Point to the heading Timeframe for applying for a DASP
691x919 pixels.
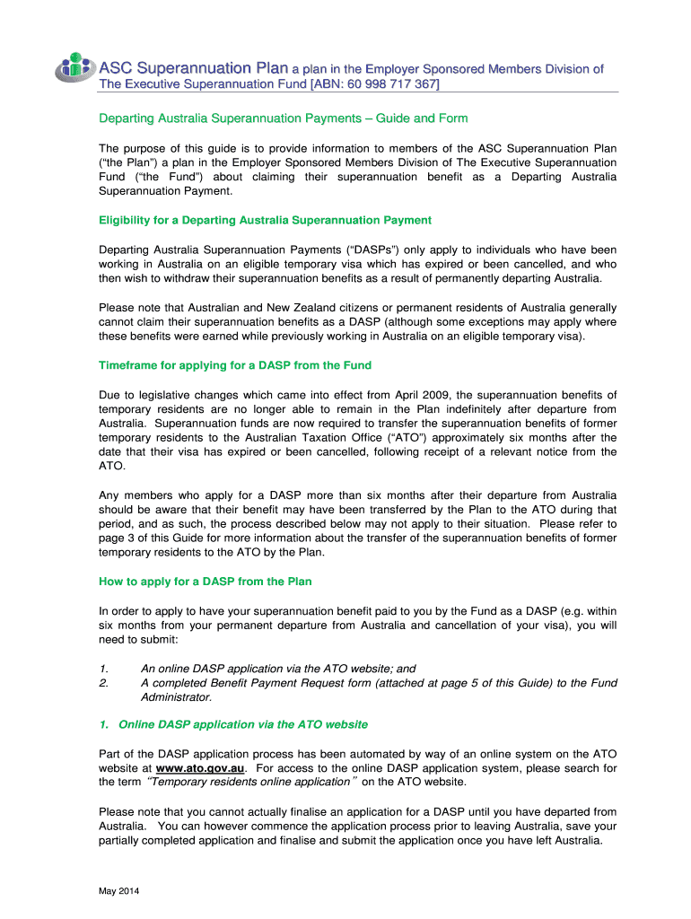point(234,365)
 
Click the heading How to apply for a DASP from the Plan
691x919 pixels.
point(205,582)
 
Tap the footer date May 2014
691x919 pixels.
point(119,891)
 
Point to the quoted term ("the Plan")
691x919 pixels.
point(128,162)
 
